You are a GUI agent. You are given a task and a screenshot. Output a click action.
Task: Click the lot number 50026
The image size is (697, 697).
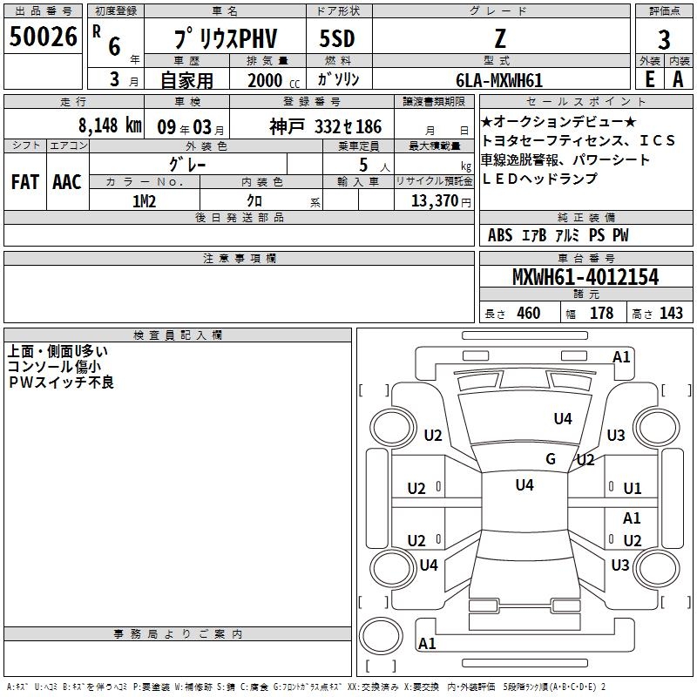(x=43, y=37)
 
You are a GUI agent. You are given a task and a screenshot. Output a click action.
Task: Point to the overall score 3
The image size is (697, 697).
(x=664, y=40)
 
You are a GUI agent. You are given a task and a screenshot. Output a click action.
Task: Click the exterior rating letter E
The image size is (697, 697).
(x=649, y=78)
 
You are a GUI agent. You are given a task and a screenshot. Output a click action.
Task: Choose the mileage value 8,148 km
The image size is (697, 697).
(x=109, y=125)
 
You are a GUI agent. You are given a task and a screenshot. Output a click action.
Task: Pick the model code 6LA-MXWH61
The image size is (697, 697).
(x=498, y=80)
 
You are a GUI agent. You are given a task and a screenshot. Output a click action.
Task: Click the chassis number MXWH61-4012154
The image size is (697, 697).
(x=585, y=277)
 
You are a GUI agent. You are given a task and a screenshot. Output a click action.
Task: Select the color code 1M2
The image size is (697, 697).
(x=144, y=200)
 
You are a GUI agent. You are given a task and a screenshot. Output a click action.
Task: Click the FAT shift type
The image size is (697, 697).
(x=24, y=182)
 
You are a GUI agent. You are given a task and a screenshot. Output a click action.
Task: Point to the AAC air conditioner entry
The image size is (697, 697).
(x=67, y=182)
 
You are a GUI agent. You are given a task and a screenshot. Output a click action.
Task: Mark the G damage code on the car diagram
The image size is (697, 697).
(x=551, y=459)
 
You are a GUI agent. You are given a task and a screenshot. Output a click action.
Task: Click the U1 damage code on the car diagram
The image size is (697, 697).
(x=632, y=489)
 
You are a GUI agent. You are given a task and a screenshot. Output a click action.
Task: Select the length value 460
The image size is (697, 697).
(x=528, y=314)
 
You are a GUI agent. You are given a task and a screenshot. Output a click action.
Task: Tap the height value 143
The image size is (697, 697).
(x=671, y=314)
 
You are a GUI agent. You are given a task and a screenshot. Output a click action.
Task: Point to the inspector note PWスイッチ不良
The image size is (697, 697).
(x=61, y=382)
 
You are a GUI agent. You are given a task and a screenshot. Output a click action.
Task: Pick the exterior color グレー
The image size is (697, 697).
(x=188, y=163)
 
